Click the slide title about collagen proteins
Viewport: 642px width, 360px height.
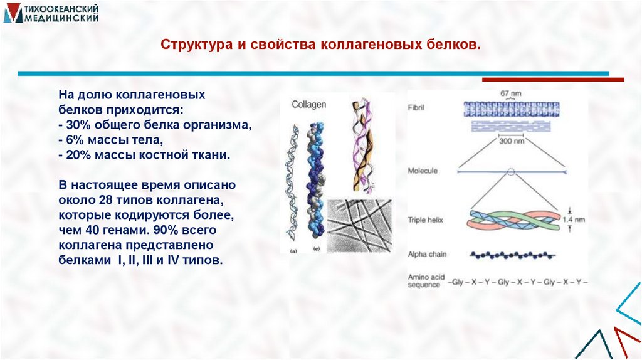tap(320, 46)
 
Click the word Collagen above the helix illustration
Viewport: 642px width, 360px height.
tap(309, 104)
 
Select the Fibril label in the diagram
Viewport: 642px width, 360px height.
tap(416, 108)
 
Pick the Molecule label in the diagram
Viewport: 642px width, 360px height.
tap(423, 171)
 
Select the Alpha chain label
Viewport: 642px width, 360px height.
tap(425, 254)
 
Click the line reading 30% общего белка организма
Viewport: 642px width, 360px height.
tap(155, 125)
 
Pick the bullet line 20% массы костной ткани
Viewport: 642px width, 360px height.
tap(145, 154)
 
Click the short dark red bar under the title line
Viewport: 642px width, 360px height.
tap(553, 80)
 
